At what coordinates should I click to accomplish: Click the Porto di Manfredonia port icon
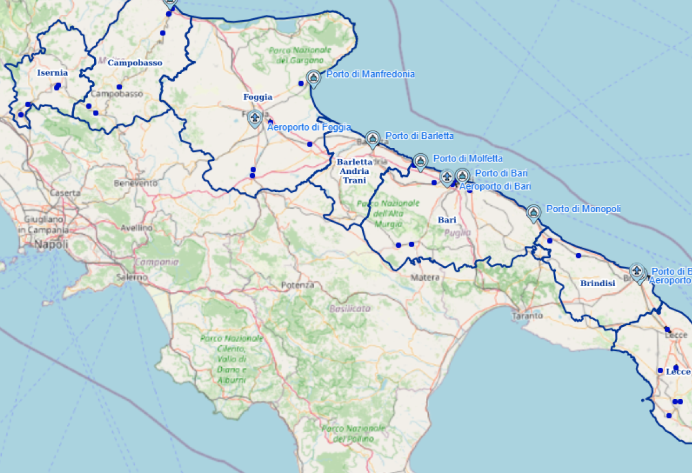(313, 77)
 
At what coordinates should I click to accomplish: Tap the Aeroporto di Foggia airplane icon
(255, 118)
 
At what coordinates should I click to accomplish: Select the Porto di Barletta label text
(419, 136)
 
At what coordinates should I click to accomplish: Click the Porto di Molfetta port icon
(420, 161)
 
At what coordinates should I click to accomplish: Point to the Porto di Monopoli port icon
(533, 212)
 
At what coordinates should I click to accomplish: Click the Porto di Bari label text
(501, 173)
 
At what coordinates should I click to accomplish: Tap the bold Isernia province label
(52, 73)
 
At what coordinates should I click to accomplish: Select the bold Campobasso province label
(135, 63)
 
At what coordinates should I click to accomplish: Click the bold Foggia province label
(258, 97)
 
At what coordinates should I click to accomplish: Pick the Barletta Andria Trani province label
(354, 171)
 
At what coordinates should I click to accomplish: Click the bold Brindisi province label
(597, 283)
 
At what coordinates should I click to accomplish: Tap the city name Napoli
(51, 244)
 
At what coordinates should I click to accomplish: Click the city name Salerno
(132, 277)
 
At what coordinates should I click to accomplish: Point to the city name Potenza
(298, 285)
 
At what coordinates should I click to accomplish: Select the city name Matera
(425, 277)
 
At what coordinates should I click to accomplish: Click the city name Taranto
(528, 316)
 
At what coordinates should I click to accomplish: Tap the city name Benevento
(135, 183)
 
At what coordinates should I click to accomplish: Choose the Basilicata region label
(350, 309)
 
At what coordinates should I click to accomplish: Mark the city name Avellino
(137, 228)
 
